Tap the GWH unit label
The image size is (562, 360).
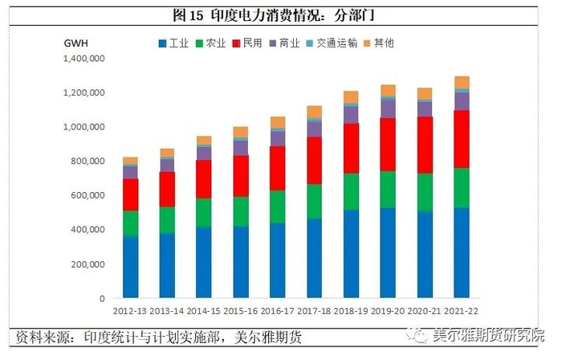click(x=75, y=42)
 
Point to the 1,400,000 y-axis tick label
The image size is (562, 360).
click(x=84, y=59)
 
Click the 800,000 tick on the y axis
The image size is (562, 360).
click(x=89, y=162)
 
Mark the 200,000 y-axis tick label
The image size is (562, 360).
click(x=89, y=264)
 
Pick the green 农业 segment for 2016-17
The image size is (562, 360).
click(x=277, y=207)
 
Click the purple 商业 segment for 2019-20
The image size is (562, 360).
click(x=388, y=108)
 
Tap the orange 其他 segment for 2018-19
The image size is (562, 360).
click(x=351, y=97)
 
